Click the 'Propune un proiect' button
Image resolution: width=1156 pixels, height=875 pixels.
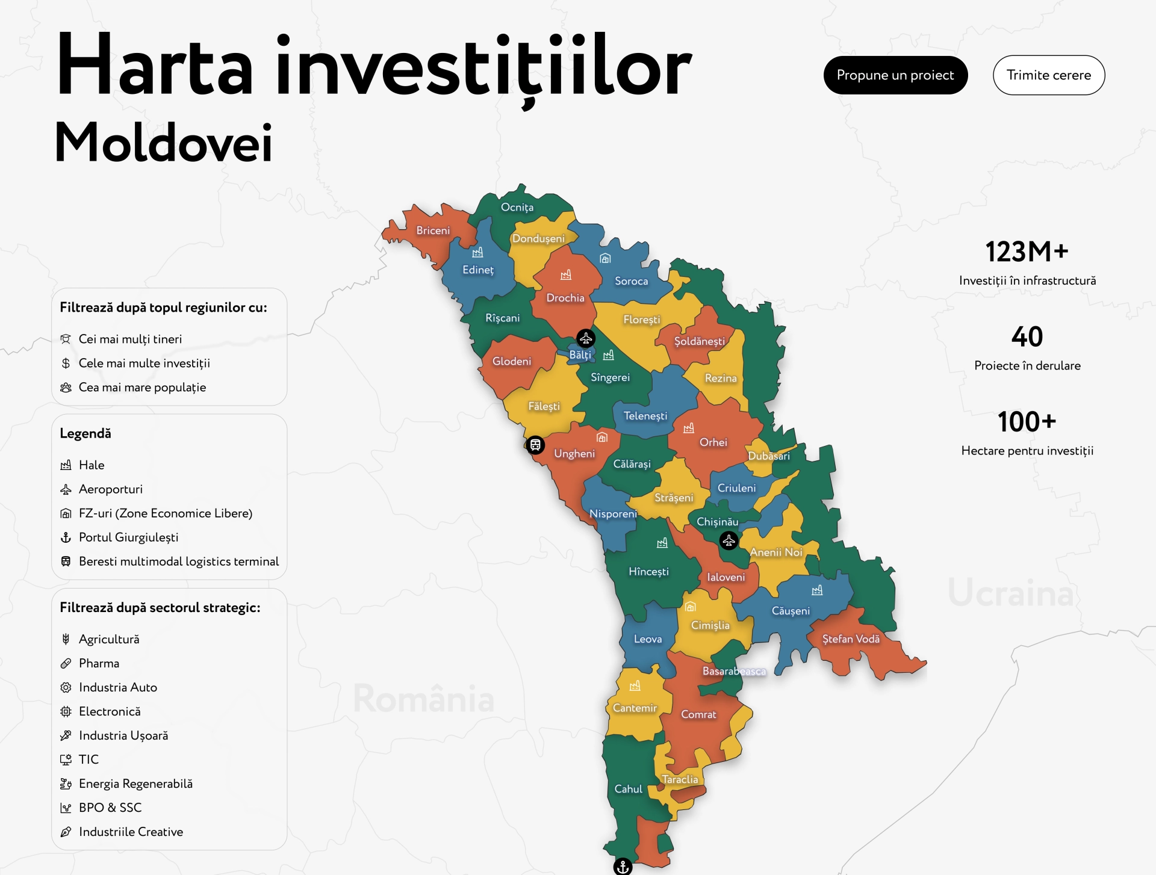895,75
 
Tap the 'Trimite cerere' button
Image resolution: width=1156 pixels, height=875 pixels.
1048,75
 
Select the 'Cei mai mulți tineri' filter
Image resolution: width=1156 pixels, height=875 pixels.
130,339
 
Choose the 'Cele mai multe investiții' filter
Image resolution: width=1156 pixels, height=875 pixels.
144,363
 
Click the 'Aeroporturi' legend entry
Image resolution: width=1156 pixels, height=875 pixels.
110,489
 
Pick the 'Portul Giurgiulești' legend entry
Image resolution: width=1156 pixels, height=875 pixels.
128,537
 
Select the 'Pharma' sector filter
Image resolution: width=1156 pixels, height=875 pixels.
99,663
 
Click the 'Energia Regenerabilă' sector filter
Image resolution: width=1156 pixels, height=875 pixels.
135,784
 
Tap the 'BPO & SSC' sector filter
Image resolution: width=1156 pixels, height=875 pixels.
110,808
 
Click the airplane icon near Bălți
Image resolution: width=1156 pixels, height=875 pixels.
586,338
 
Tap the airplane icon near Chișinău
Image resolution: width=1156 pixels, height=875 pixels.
729,540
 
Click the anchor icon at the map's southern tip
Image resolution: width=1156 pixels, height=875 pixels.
623,867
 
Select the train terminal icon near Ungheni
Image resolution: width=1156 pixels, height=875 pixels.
535,445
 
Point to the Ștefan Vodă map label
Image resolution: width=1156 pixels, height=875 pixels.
851,639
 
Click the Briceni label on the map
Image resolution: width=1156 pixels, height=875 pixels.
433,230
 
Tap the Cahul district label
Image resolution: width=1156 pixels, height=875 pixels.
628,789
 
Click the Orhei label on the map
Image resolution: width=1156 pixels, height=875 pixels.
713,442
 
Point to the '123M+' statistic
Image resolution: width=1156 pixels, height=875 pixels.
1027,252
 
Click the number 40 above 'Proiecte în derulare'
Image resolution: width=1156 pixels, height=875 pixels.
1027,336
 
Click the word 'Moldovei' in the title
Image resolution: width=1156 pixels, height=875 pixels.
164,143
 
